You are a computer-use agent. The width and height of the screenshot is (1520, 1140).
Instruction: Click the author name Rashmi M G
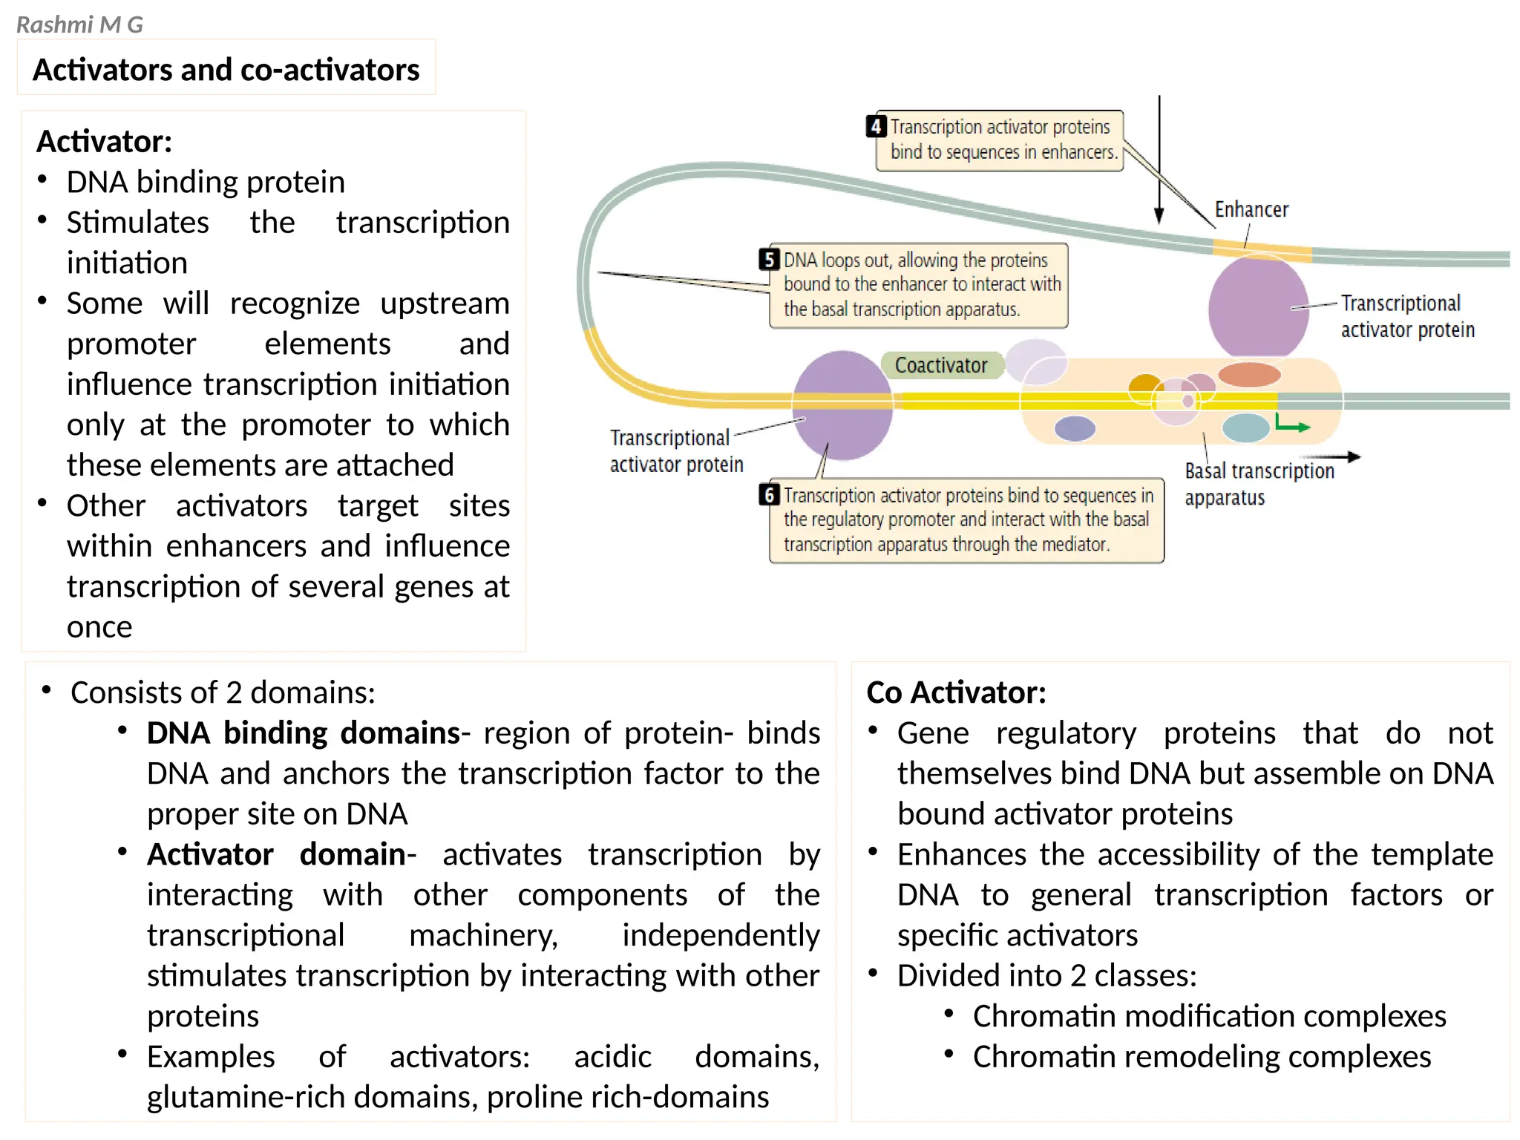point(79,25)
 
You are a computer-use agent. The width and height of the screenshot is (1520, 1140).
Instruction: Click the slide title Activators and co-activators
point(226,70)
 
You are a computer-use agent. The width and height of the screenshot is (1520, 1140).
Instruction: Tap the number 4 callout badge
point(877,126)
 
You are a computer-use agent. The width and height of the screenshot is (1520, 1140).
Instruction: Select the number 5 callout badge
point(769,260)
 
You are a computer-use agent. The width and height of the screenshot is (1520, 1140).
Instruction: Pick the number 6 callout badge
point(769,495)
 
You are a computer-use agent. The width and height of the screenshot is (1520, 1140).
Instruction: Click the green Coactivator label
point(941,365)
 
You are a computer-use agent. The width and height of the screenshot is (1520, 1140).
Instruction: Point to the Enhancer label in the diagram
point(1251,210)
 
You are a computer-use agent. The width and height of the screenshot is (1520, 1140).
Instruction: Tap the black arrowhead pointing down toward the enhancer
point(1159,216)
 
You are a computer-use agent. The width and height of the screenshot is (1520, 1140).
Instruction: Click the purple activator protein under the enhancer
point(1258,307)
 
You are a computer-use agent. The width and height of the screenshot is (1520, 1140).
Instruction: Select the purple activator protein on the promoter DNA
point(842,405)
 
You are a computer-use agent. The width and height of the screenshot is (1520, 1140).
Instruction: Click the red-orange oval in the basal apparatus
point(1249,374)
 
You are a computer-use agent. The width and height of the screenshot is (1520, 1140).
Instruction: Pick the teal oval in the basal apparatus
point(1245,428)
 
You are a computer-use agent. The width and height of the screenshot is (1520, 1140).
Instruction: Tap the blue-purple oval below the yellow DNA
point(1075,428)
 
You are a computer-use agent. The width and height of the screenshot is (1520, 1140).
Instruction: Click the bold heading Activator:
point(104,141)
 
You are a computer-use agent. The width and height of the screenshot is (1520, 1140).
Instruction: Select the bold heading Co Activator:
point(956,692)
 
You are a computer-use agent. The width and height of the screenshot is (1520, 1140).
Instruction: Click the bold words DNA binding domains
point(304,733)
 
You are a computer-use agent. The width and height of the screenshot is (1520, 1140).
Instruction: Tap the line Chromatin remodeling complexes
point(1202,1057)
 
